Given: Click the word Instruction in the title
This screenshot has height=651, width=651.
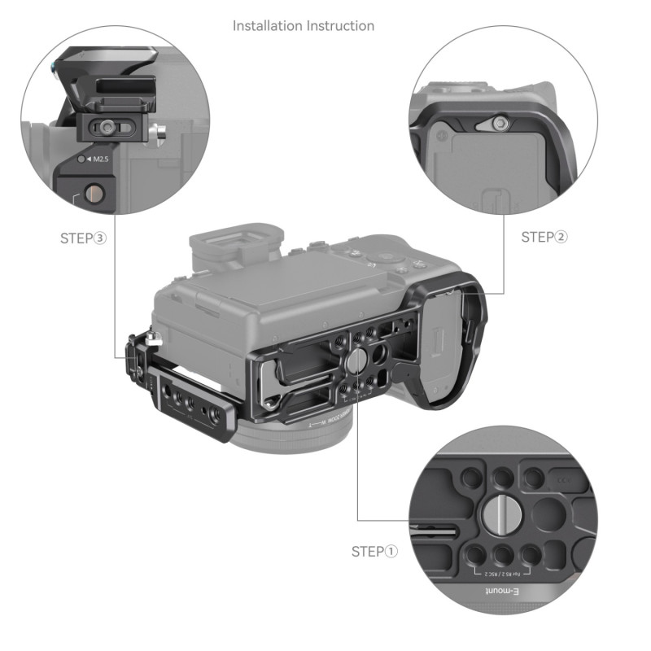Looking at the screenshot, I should point(340,26).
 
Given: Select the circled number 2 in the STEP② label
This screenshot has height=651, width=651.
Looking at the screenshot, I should point(561,237).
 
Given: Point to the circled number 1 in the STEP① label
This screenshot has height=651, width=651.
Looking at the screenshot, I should point(391,552).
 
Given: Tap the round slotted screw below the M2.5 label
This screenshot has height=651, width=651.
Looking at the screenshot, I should point(94,194).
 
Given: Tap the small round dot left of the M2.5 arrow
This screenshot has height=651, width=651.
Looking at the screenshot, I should point(81,159).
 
